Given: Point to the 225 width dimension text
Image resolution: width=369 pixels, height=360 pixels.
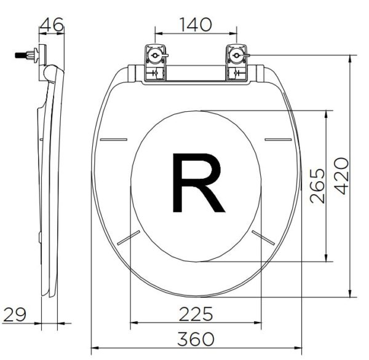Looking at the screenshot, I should (x=196, y=314).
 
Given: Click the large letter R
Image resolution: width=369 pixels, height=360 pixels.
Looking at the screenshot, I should (x=196, y=183).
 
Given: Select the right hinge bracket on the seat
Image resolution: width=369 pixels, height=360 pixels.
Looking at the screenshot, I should (x=237, y=63).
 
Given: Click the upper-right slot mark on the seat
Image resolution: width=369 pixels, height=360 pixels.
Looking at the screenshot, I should (x=278, y=140).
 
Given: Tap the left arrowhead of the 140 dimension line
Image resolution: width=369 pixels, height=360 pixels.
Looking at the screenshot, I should (x=156, y=34).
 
